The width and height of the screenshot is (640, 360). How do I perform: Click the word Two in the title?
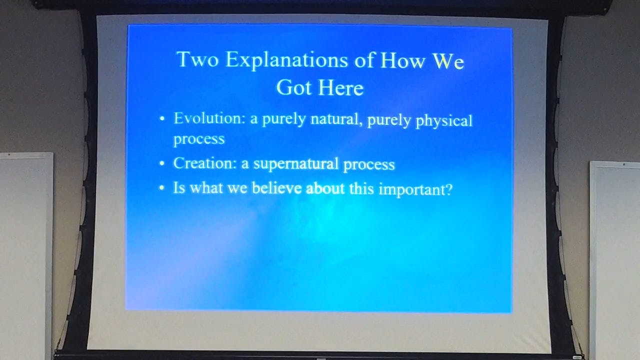click(x=197, y=59)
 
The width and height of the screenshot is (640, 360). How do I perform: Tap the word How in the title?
click(x=402, y=60)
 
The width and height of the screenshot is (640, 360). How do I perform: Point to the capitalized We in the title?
click(x=448, y=61)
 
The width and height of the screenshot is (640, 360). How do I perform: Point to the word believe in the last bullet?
click(x=276, y=188)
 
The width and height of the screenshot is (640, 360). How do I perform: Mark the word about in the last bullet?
click(x=325, y=188)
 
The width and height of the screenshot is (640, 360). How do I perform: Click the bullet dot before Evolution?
click(x=161, y=119)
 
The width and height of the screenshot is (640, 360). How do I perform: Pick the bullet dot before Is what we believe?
click(x=161, y=188)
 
